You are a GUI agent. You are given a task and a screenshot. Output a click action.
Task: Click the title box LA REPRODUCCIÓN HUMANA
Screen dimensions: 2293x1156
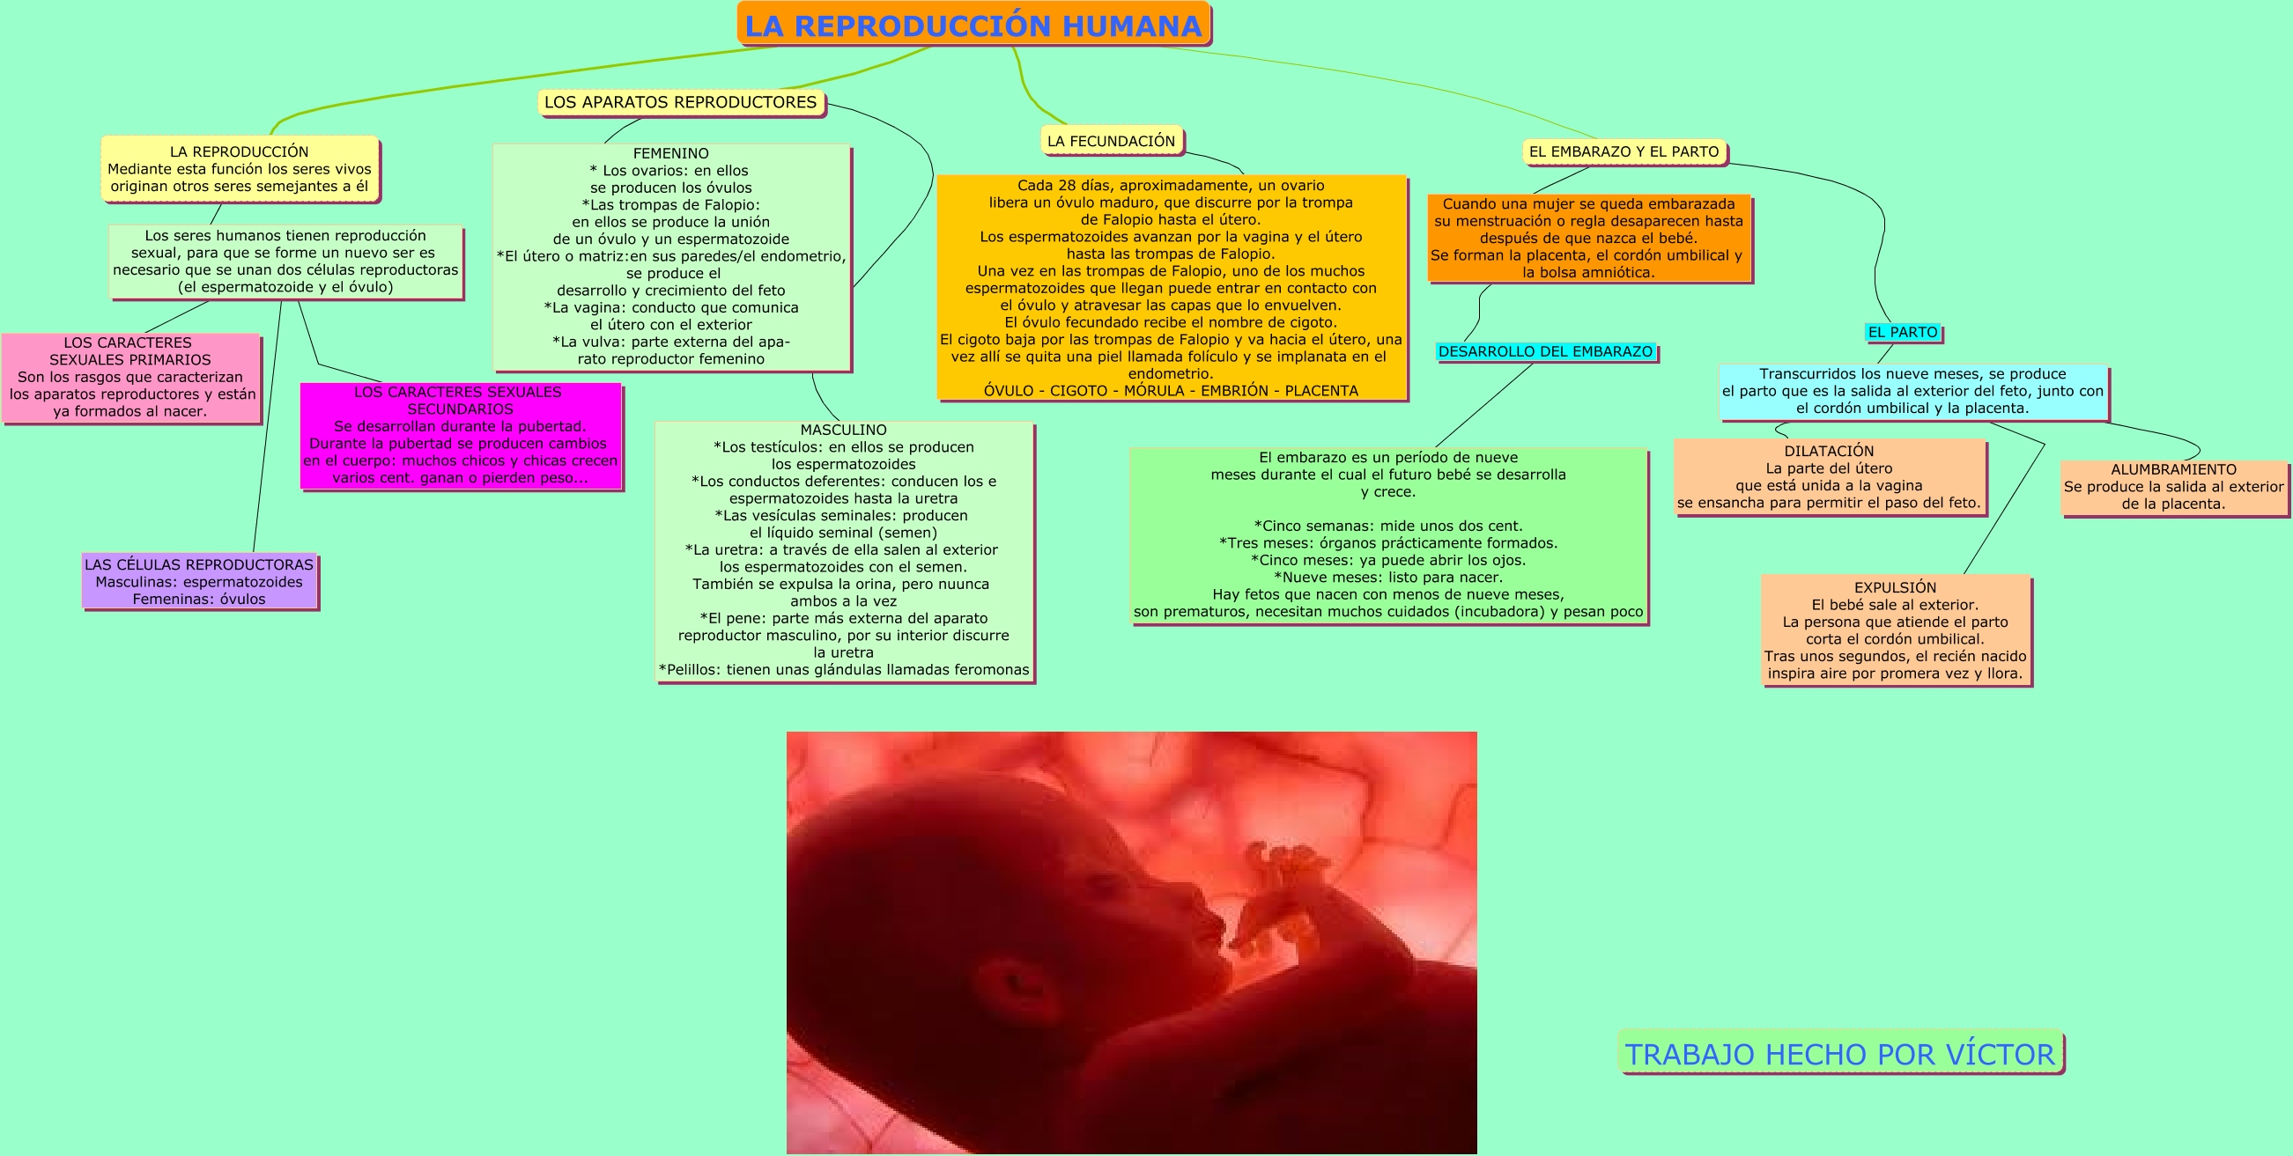point(973,25)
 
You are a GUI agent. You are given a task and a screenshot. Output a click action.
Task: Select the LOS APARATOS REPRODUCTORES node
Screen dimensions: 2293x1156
point(680,102)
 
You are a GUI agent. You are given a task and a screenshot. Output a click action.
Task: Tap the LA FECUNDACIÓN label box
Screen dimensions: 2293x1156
point(1111,141)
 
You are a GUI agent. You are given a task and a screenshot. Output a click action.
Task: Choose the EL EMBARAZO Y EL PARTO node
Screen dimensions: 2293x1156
point(1624,152)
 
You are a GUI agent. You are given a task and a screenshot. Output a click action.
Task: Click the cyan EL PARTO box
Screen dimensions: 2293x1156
point(1902,332)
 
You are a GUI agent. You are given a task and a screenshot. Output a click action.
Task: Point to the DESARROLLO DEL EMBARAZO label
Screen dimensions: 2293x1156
point(1545,351)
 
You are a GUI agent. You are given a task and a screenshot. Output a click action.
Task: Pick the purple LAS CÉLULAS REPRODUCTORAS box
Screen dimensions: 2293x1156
point(199,581)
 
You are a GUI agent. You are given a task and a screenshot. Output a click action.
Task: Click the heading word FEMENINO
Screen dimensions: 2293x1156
point(670,153)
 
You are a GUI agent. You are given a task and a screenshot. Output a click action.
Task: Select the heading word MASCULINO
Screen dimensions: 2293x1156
point(843,430)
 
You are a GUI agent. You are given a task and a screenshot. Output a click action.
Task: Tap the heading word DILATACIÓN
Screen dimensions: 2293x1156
point(1829,451)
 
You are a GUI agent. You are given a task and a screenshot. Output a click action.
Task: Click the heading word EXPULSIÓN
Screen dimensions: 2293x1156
point(1895,587)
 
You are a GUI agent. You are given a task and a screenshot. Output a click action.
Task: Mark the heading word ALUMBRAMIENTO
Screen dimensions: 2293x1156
point(2173,470)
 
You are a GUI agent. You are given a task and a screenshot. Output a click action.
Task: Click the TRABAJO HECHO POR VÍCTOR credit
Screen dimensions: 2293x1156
point(1840,1054)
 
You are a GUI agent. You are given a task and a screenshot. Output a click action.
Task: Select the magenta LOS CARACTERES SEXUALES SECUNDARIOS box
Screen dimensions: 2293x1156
point(459,435)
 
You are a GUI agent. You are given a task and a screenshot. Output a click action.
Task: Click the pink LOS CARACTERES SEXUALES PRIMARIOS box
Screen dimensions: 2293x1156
point(131,378)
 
